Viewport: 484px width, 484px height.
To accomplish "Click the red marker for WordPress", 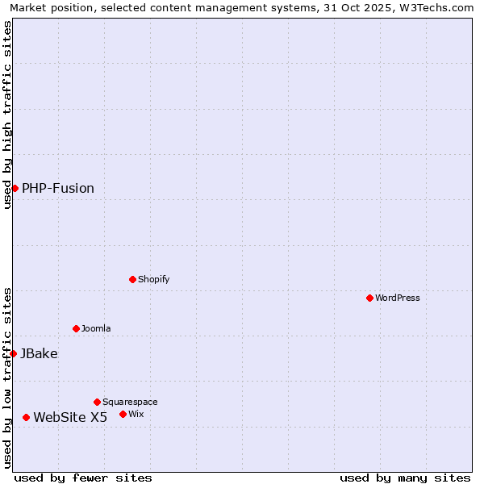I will (369, 298).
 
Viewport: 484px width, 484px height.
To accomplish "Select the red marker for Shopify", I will (132, 279).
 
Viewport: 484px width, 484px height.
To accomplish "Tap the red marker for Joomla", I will (76, 328).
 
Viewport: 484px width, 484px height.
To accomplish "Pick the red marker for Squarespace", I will (97, 402).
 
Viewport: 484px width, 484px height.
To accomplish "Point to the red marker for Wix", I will (123, 414).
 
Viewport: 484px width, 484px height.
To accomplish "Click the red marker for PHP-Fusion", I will (15, 188).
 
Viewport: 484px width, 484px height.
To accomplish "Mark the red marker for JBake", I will (13, 353).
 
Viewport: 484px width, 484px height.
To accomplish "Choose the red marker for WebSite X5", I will (26, 417).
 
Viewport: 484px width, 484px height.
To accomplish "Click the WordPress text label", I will (398, 298).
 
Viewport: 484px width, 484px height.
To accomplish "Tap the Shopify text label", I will (154, 279).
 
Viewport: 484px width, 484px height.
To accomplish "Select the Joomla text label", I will (96, 328).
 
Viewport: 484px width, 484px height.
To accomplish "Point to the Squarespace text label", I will (130, 402).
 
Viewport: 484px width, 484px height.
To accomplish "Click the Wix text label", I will (136, 414).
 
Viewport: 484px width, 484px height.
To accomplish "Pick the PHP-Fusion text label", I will (58, 188).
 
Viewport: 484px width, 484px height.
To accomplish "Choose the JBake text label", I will (39, 353).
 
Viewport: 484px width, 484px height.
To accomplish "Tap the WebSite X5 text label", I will (70, 417).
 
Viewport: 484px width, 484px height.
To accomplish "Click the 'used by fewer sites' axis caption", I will (83, 478).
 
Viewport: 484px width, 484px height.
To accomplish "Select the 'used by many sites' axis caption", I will (405, 478).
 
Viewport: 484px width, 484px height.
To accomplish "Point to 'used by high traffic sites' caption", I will (7, 115).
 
